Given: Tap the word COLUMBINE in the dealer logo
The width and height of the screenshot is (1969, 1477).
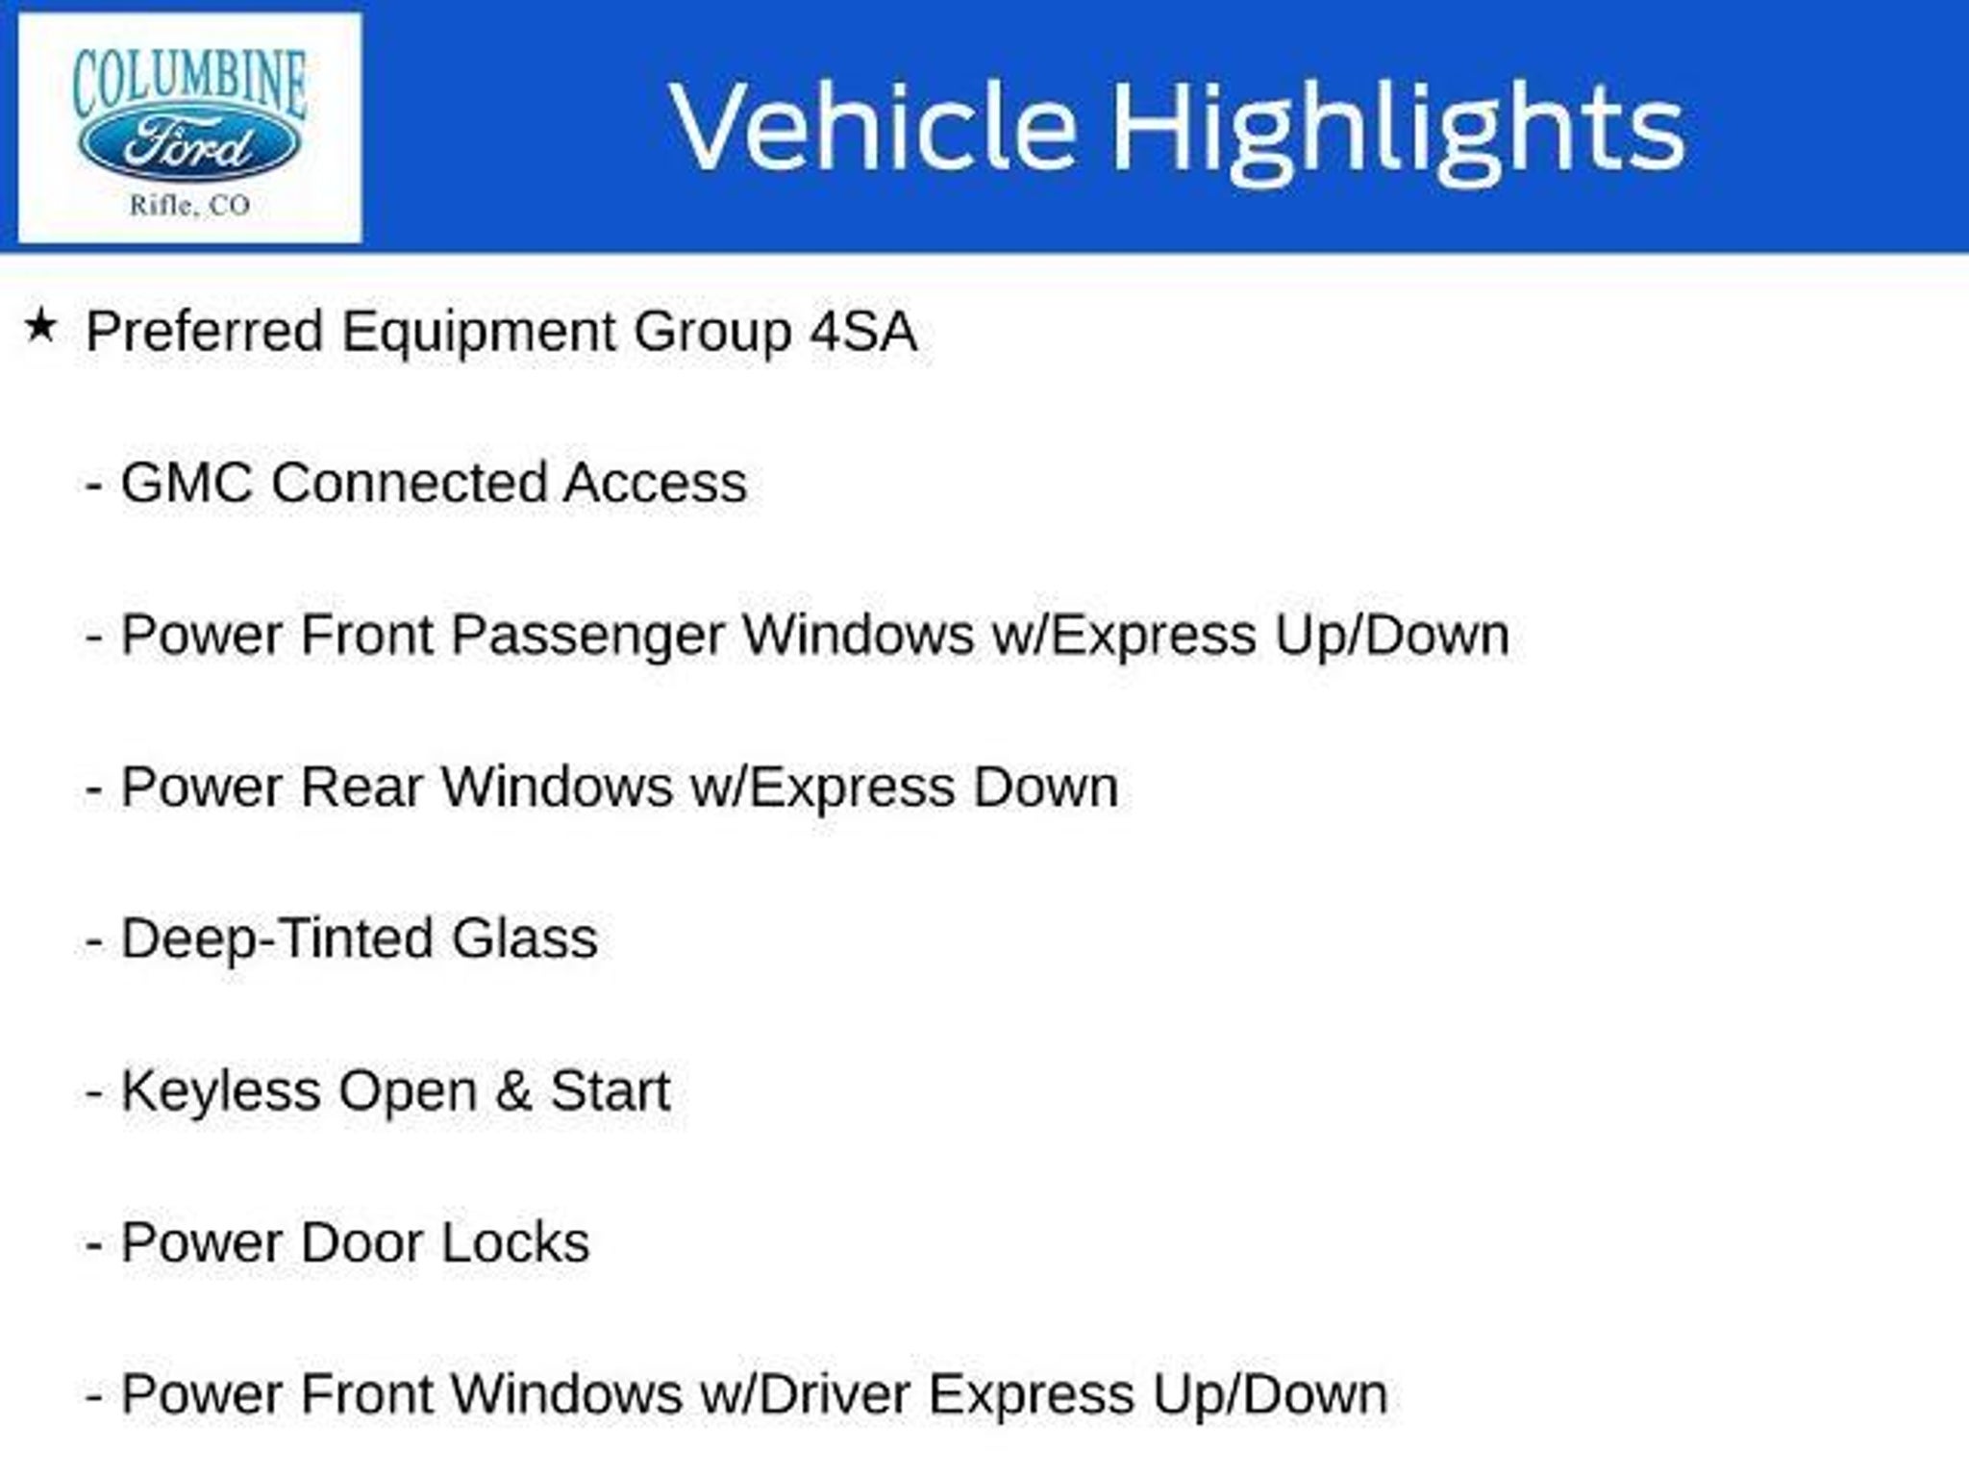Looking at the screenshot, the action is pos(189,83).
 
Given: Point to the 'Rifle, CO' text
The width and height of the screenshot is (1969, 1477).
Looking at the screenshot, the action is pos(189,205).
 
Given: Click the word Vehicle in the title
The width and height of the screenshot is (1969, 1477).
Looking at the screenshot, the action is pos(873,127).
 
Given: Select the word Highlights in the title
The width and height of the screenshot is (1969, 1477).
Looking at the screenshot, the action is pos(1398,132).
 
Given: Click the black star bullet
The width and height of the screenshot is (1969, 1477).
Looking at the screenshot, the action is pos(40,327).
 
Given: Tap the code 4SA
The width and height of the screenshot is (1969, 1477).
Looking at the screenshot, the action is pos(863,332).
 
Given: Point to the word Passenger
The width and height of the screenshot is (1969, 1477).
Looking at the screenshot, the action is pos(586,638).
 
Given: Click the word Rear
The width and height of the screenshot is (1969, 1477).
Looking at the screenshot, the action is pos(361,788).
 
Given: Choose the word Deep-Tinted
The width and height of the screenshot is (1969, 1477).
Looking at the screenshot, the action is pos(277,940).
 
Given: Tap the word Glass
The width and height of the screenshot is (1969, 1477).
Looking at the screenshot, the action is pos(525,939).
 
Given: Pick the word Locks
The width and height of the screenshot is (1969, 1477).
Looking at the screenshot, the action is pos(515,1243).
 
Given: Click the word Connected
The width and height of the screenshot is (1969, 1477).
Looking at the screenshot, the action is pos(409,483).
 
